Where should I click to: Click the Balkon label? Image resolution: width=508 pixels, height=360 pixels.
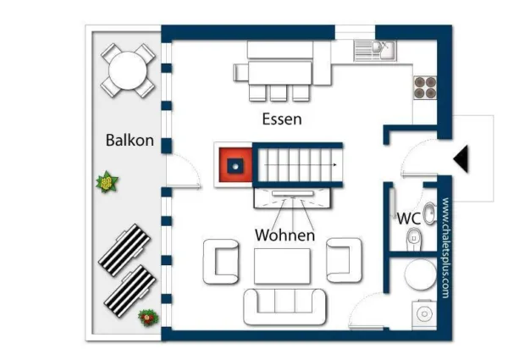pyautogui.click(x=130, y=140)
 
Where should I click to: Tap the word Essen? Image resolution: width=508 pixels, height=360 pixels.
pyautogui.click(x=281, y=119)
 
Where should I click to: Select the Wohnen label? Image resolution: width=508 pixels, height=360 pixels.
pyautogui.click(x=284, y=235)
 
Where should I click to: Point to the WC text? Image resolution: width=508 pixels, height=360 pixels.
pyautogui.click(x=410, y=218)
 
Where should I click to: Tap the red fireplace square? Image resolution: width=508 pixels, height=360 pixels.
pyautogui.click(x=235, y=164)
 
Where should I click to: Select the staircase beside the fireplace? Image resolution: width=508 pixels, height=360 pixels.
pyautogui.click(x=296, y=164)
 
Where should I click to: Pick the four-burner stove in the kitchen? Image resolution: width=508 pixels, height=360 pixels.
pyautogui.click(x=424, y=85)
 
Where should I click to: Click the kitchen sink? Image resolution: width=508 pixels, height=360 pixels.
pyautogui.click(x=375, y=50)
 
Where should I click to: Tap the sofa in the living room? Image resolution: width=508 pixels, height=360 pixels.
pyautogui.click(x=284, y=306)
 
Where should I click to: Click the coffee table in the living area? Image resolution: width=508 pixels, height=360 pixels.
pyautogui.click(x=283, y=265)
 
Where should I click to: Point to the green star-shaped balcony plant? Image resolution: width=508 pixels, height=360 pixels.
pyautogui.click(x=108, y=181)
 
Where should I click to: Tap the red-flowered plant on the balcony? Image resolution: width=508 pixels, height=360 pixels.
pyautogui.click(x=148, y=318)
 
